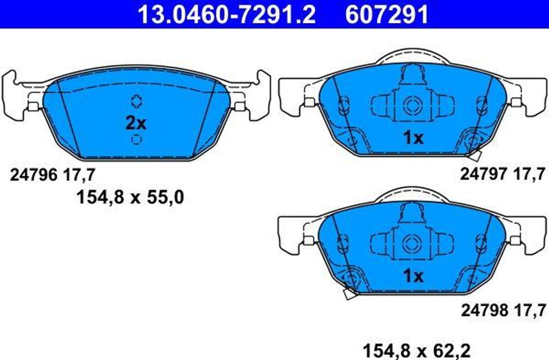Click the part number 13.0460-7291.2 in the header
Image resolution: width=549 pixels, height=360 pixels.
click(227, 14)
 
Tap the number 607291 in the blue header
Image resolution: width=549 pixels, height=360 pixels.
click(387, 14)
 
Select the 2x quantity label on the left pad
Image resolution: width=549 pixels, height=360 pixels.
click(136, 123)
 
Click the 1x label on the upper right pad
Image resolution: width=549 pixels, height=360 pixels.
click(413, 138)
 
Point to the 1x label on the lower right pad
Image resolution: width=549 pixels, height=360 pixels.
click(413, 276)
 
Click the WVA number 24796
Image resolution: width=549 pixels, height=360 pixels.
click(33, 175)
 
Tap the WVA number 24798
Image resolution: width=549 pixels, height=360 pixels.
click(484, 310)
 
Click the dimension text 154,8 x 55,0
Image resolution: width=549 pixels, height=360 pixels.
click(130, 197)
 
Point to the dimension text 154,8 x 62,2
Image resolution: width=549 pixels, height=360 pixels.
click(417, 350)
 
